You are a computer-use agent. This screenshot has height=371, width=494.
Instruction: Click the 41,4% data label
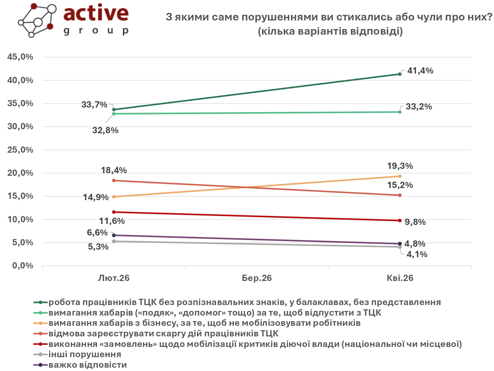(x=420, y=71)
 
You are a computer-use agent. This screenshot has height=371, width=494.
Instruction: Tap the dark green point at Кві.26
(x=400, y=74)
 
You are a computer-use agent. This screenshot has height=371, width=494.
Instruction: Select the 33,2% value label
(x=419, y=107)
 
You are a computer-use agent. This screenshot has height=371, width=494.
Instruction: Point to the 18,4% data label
(x=114, y=170)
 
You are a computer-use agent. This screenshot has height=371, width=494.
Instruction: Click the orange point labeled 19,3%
(x=400, y=176)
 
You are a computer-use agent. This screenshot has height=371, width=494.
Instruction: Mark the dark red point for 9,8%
(x=400, y=220)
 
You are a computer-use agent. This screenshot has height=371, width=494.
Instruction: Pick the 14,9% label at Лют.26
(x=96, y=197)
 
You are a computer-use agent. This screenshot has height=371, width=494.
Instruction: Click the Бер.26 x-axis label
(x=257, y=278)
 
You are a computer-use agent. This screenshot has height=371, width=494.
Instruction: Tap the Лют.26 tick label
(x=114, y=278)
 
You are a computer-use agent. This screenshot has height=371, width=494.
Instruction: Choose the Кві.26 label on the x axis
(x=400, y=278)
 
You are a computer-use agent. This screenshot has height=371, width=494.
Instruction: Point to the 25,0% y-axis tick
(x=20, y=150)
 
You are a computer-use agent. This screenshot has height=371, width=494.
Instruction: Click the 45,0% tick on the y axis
(x=20, y=57)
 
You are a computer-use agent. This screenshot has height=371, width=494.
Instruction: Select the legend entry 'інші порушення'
(x=85, y=355)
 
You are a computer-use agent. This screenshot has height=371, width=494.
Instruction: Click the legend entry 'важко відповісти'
(x=88, y=365)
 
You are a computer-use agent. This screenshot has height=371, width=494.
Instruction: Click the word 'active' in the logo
(x=96, y=13)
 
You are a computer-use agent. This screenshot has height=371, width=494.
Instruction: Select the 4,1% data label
(x=417, y=254)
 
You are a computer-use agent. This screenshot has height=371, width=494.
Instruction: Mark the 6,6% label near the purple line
(x=97, y=232)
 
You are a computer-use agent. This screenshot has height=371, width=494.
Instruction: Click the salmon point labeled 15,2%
(x=400, y=195)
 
